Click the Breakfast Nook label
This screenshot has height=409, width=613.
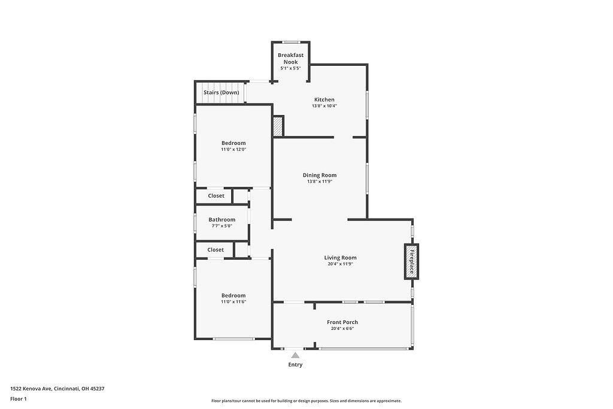(290, 58)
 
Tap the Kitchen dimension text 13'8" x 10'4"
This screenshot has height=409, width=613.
(324, 106)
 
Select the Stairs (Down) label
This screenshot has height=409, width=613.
(221, 93)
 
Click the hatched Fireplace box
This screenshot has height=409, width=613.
(411, 261)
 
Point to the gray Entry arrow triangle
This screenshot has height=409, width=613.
(296, 355)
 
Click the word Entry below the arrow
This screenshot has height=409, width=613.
(296, 365)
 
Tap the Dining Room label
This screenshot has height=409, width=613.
(320, 175)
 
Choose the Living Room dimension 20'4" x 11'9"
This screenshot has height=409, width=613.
(340, 264)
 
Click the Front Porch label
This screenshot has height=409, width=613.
(342, 322)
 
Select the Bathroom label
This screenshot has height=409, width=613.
(221, 220)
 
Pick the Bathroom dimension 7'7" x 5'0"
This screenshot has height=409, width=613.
(221, 226)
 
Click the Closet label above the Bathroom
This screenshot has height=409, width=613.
(216, 196)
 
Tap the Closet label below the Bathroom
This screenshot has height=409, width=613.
(216, 250)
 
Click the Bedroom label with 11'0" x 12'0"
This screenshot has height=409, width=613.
(233, 143)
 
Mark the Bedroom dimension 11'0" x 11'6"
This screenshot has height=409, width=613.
(233, 302)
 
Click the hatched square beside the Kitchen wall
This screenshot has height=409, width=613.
(278, 126)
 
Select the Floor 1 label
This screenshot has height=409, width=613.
(19, 399)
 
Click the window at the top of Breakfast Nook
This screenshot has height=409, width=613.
(292, 42)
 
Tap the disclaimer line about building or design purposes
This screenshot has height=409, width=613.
(306, 401)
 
